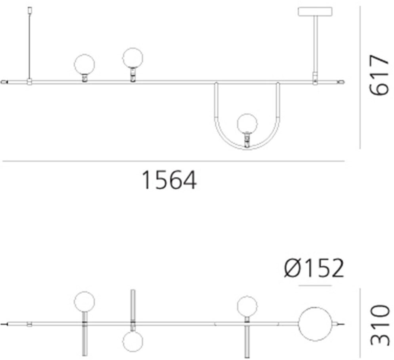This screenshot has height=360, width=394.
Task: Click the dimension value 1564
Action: [169, 180]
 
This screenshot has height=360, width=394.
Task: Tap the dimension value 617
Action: [379, 75]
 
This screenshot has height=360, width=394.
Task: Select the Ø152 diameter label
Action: [314, 269]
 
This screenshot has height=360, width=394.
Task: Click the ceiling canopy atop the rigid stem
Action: [315, 11]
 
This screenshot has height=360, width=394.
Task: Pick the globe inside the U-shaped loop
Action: [247, 123]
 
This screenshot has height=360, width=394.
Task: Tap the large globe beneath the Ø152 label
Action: [315, 325]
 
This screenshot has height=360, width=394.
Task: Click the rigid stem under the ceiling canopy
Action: [315, 44]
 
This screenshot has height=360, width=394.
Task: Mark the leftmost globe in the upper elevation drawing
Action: [85, 64]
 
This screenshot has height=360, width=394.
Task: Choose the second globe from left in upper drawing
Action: [132, 58]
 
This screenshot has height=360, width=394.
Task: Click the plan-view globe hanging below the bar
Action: [132, 341]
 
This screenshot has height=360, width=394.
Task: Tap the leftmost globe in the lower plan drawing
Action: [84, 301]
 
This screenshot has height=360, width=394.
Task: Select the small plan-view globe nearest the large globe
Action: [247, 306]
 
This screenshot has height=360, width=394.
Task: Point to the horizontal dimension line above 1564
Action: [173, 161]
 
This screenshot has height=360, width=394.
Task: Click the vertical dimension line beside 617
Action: [360, 77]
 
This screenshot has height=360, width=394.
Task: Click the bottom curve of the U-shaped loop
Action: [247, 149]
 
